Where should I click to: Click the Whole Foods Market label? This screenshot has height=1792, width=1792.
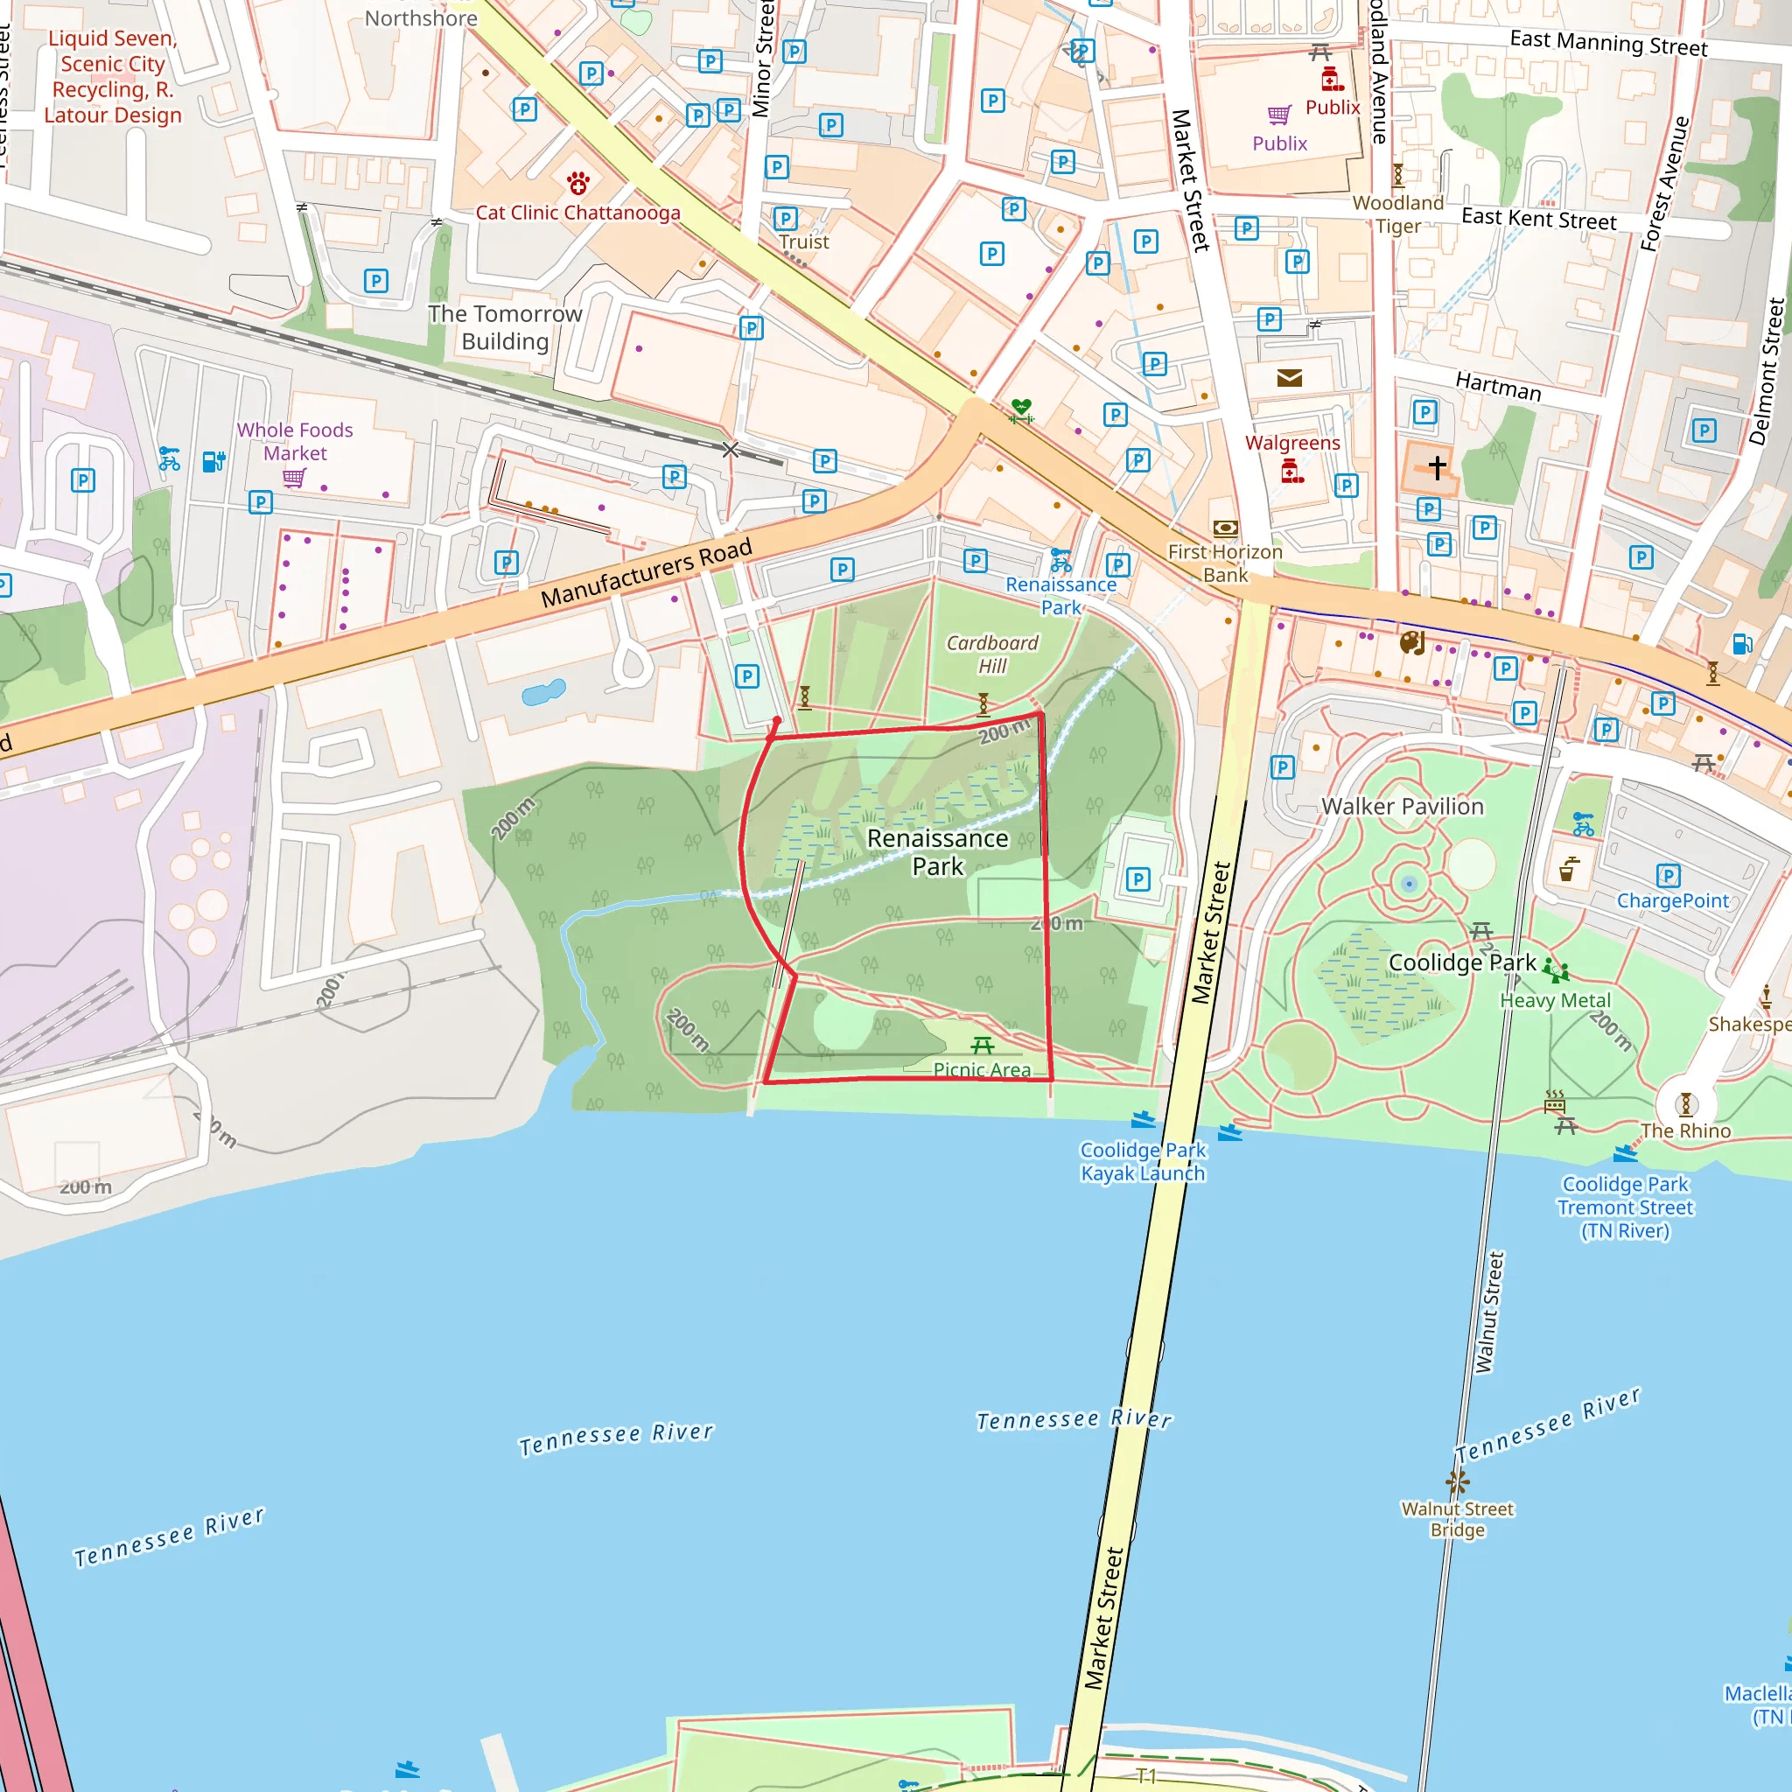pyautogui.click(x=295, y=442)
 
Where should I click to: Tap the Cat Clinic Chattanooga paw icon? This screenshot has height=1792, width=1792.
pyautogui.click(x=577, y=183)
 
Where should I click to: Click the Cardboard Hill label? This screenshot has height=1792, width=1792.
pyautogui.click(x=991, y=654)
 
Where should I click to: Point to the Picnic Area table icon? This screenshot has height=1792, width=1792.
pyautogui.click(x=983, y=1046)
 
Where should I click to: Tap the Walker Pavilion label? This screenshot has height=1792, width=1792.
pyautogui.click(x=1402, y=806)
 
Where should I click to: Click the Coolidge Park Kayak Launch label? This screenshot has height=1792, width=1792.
pyautogui.click(x=1143, y=1161)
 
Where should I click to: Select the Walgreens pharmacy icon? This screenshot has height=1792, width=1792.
pyautogui.click(x=1292, y=472)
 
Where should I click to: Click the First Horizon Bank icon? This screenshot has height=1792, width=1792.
pyautogui.click(x=1225, y=528)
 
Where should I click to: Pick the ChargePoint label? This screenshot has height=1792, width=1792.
pyautogui.click(x=1672, y=900)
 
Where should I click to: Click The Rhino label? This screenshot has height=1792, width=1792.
pyautogui.click(x=1685, y=1130)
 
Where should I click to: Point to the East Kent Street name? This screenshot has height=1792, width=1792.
pyautogui.click(x=1539, y=219)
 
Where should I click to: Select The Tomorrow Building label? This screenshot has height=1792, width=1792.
pyautogui.click(x=506, y=327)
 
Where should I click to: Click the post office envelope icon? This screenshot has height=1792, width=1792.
pyautogui.click(x=1289, y=377)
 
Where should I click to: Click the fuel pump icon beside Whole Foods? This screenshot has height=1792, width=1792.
pyautogui.click(x=213, y=461)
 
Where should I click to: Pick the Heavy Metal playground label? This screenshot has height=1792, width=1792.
pyautogui.click(x=1556, y=1000)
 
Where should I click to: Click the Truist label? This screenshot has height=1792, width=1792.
pyautogui.click(x=803, y=242)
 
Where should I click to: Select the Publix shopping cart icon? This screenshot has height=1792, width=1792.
pyautogui.click(x=1279, y=114)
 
